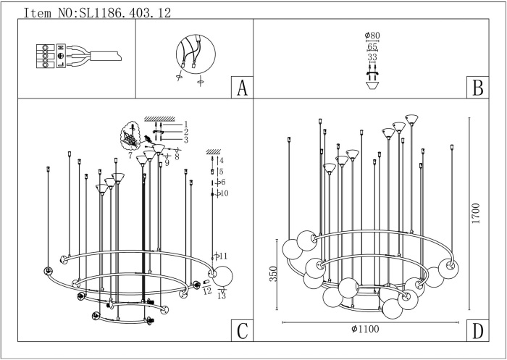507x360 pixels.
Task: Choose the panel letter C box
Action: (241, 331)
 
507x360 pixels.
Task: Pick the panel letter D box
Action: (477, 331)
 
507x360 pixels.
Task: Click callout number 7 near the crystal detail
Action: (130, 155)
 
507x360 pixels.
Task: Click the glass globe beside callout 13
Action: (223, 276)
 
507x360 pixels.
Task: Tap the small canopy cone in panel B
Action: (374, 85)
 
